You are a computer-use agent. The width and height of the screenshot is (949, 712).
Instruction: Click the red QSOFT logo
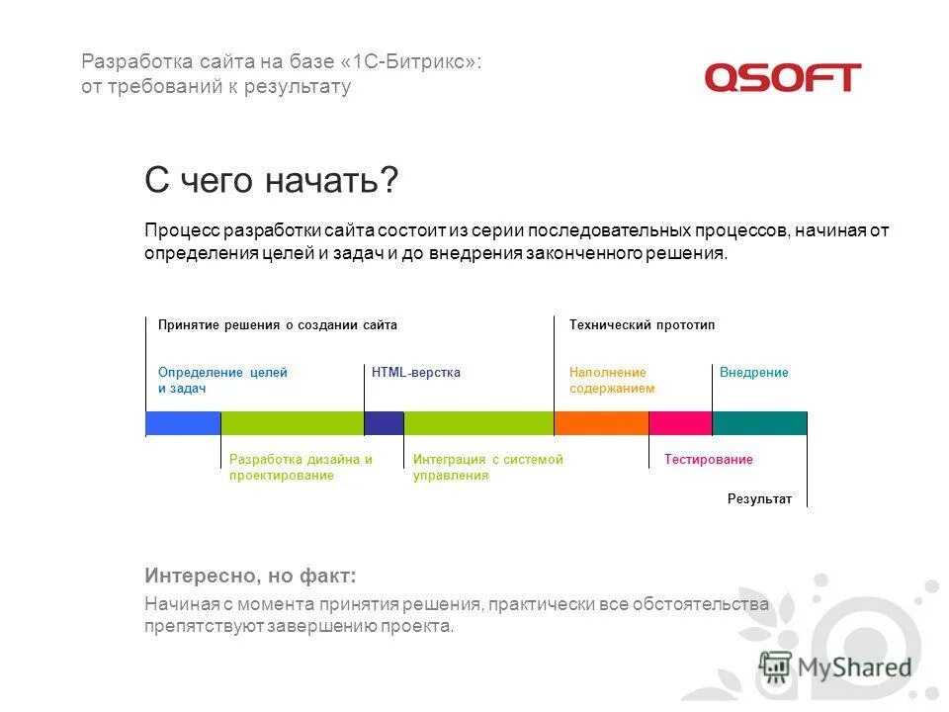click(x=782, y=77)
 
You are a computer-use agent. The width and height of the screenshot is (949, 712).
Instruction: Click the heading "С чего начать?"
click(x=272, y=180)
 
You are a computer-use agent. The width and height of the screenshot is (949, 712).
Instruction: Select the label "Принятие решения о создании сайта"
click(x=277, y=325)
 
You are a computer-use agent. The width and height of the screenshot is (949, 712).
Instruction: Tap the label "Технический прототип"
click(x=642, y=325)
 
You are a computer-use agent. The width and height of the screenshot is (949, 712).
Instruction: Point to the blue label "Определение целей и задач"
click(x=222, y=381)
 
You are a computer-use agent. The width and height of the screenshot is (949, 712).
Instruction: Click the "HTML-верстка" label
click(x=415, y=373)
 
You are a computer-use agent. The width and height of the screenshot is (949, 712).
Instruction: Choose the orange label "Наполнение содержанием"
click(x=611, y=381)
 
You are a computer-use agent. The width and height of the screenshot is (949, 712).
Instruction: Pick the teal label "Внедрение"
click(x=753, y=373)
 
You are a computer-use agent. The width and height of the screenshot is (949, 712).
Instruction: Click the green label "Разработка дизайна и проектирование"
click(x=300, y=467)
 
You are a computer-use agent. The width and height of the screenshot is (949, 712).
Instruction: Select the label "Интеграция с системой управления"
click(x=487, y=467)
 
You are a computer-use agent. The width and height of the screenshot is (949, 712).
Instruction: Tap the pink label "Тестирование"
click(x=708, y=460)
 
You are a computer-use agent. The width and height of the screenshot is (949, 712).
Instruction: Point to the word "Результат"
click(x=759, y=499)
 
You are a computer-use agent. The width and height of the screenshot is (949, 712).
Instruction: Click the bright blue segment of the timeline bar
click(x=183, y=423)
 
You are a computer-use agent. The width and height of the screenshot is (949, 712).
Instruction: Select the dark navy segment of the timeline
click(x=384, y=423)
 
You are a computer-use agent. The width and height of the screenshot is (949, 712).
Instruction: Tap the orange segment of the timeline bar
click(x=601, y=423)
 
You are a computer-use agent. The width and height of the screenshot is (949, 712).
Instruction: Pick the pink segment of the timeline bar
click(x=680, y=423)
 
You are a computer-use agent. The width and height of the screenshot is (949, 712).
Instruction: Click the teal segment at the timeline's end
click(x=759, y=423)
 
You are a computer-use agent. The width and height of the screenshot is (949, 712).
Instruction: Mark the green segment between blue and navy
click(x=292, y=423)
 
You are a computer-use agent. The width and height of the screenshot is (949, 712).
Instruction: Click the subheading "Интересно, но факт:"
click(x=250, y=576)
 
